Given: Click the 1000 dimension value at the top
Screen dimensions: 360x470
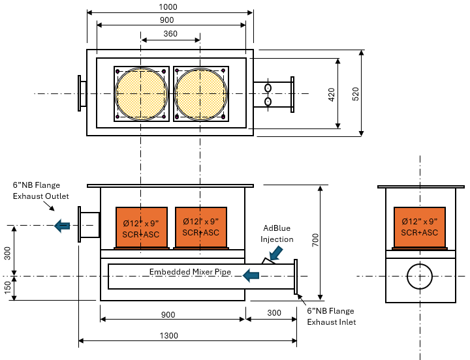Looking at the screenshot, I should (x=168, y=7).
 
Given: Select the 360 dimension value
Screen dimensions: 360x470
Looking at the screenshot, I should (x=170, y=34).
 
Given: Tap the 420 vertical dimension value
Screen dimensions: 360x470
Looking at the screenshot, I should (x=331, y=93).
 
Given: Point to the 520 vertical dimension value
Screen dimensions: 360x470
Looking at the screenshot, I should (x=356, y=93).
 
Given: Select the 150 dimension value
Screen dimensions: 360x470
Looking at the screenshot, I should (x=8, y=288).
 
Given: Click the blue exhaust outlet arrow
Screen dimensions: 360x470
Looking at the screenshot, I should (x=62, y=226).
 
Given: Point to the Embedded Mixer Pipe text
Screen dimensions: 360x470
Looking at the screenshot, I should (x=189, y=271).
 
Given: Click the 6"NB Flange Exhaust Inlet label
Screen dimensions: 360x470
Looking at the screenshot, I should (x=332, y=316).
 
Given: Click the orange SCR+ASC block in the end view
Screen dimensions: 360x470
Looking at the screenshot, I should (x=420, y=228).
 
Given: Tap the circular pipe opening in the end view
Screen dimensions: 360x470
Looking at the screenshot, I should (x=420, y=277).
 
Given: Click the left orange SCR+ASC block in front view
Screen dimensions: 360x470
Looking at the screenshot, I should (x=140, y=228).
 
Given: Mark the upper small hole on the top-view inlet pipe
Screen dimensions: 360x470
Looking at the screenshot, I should (x=268, y=87).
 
